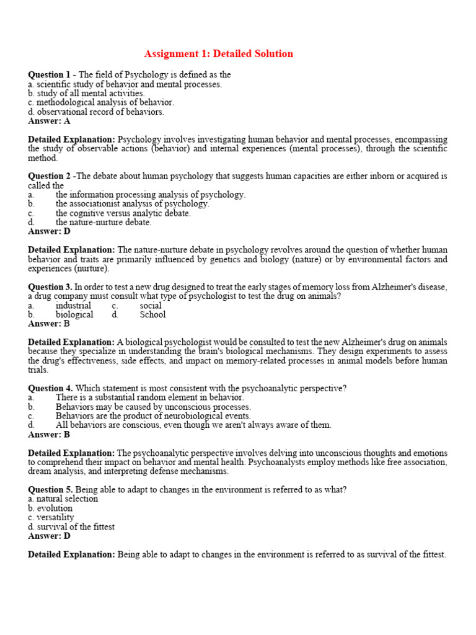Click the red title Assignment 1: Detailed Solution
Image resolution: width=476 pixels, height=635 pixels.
coord(218,54)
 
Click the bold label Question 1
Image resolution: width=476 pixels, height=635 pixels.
coord(49,75)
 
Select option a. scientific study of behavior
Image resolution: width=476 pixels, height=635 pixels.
coord(125,84)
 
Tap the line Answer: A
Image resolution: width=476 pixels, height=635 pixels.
coord(49,122)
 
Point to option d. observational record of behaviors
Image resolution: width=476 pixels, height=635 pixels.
coord(96,112)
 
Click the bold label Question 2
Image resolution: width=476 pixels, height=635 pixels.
coord(49,176)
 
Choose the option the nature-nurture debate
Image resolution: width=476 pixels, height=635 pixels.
coord(104,222)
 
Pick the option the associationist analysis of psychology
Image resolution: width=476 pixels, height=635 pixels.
coord(132,203)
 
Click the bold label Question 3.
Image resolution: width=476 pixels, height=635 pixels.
coord(50,287)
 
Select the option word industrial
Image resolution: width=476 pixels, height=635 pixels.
coord(73,305)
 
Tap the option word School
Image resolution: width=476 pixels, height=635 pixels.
coord(152,314)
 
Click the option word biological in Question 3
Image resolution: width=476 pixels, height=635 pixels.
coord(74,314)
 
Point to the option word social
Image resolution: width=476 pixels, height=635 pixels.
coord(151,305)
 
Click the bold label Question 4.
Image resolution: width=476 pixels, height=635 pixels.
coord(50,388)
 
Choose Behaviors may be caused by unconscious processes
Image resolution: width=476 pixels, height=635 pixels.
coord(153,407)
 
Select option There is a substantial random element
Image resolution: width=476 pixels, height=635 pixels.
coord(149,397)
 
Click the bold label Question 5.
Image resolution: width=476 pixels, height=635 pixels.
coord(50,490)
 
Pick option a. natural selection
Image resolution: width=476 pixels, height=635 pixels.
coord(63,499)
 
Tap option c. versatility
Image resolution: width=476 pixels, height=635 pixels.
coord(51,517)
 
